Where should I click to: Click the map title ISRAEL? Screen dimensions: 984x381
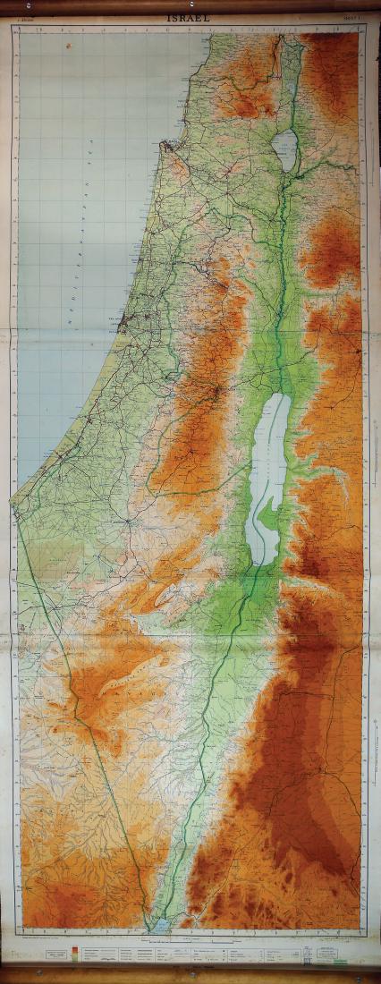[191, 18]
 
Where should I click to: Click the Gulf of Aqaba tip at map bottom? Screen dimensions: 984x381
[159, 925]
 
